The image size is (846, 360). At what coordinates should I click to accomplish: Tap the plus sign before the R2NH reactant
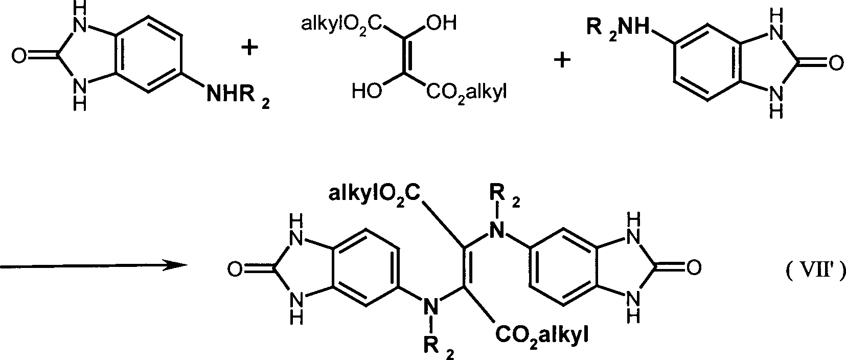tap(562, 60)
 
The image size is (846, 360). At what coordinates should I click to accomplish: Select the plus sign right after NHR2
tap(249, 48)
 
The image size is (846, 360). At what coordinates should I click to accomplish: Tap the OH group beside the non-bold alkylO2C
tap(442, 24)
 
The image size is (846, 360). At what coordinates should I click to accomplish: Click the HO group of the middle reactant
tap(367, 92)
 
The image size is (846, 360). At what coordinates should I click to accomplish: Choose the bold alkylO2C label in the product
tap(374, 194)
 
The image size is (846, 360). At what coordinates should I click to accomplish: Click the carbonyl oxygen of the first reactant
tap(19, 56)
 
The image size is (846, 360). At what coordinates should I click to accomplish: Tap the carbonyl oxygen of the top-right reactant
tap(835, 63)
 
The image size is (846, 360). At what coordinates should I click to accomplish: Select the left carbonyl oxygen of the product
tap(235, 269)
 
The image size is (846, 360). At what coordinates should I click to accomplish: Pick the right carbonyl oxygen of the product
tap(694, 267)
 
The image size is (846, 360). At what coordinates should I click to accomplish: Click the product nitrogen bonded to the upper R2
tap(497, 230)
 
